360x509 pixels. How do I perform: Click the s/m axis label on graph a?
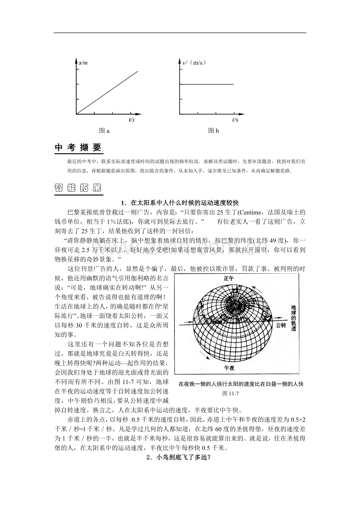click(x=83, y=62)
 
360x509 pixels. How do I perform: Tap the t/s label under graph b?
click(x=235, y=119)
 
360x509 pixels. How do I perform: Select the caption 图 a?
click(x=104, y=131)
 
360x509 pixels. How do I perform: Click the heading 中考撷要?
click(x=78, y=147)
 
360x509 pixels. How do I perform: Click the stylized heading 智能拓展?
click(x=78, y=188)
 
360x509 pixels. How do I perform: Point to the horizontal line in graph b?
click(x=207, y=84)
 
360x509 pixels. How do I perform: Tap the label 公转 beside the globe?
click(x=281, y=325)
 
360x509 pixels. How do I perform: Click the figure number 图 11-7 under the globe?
click(x=230, y=393)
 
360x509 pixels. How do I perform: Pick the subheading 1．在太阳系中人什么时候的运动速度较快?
click(x=180, y=203)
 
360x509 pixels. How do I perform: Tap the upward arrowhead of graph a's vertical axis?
click(x=76, y=59)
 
